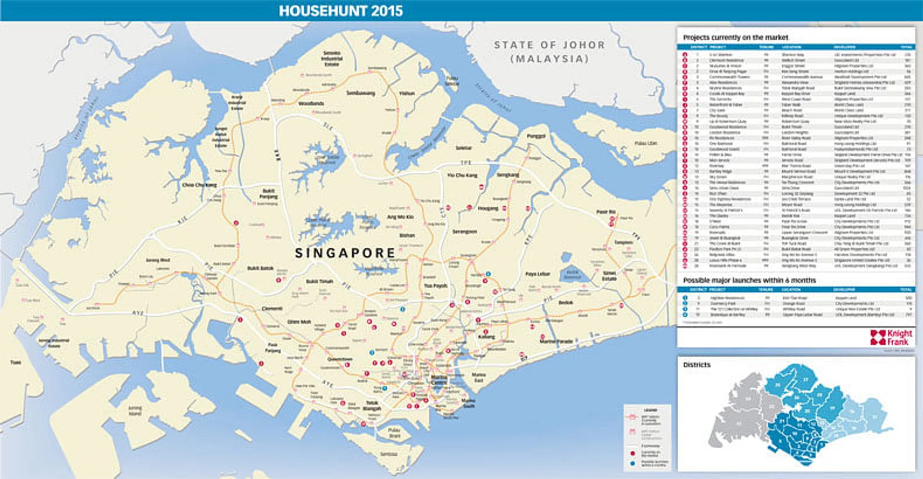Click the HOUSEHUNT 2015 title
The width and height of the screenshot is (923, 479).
341,11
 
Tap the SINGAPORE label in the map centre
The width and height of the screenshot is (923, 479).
345,253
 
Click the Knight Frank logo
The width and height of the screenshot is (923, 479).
891,337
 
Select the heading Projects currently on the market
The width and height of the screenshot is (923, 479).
736,37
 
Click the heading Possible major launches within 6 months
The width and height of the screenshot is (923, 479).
749,280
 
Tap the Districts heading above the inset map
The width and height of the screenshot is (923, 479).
697,365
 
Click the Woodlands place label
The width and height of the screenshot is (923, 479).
311,103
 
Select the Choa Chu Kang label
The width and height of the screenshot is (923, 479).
200,185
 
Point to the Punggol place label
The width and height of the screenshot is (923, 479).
536,136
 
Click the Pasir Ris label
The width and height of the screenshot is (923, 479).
606,212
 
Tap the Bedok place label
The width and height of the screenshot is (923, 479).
566,303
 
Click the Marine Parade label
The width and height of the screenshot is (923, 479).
556,341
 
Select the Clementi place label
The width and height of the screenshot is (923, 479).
272,308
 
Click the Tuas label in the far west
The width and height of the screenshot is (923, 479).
16,362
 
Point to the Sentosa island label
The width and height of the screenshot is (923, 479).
388,454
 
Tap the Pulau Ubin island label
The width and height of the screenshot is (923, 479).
646,143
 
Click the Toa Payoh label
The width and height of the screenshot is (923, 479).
436,286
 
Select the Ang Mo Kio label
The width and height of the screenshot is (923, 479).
400,217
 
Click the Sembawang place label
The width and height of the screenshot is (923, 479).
361,93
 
